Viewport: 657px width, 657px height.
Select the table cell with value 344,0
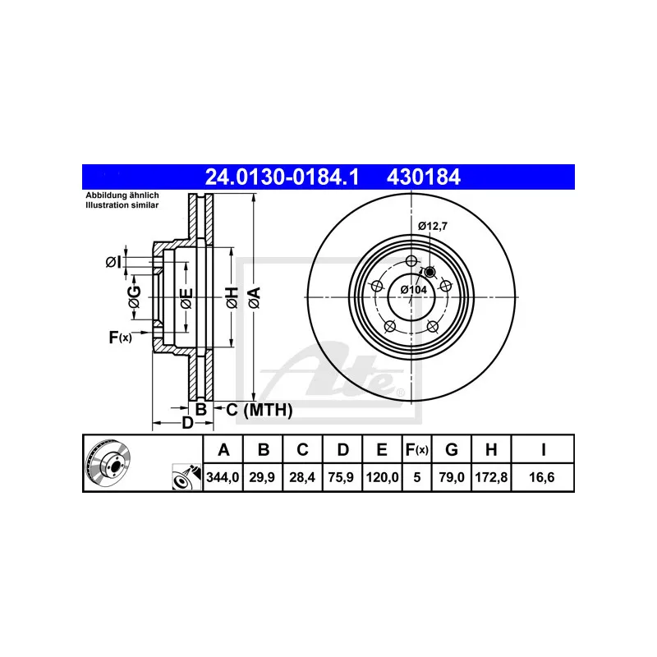[223, 476]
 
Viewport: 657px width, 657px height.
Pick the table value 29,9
[263, 476]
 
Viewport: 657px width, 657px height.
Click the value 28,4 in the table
[302, 476]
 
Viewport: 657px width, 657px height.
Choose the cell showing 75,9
[342, 476]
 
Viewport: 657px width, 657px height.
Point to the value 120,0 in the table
[382, 476]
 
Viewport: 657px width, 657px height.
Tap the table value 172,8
[490, 476]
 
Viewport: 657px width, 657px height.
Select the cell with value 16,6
[543, 476]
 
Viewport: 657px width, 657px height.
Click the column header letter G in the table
[451, 449]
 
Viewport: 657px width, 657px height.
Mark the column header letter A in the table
[223, 449]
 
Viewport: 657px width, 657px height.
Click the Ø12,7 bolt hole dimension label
[432, 225]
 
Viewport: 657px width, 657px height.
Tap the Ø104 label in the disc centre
[413, 289]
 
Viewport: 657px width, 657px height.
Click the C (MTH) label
[259, 409]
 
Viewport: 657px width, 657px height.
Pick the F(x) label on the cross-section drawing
[120, 337]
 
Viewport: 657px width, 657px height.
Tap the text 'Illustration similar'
[122, 205]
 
